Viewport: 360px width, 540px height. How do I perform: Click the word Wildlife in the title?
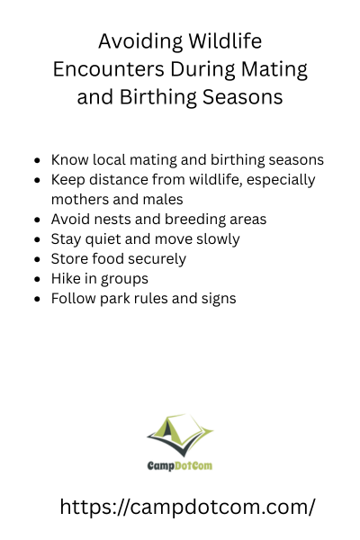point(225,41)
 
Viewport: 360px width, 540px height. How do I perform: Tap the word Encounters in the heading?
point(109,69)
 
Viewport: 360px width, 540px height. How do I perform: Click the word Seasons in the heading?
point(242,97)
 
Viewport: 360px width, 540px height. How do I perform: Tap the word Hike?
point(65,279)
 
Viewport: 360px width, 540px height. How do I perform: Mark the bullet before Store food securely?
point(38,259)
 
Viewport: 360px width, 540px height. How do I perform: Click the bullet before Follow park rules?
point(38,299)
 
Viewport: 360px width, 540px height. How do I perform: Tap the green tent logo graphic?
point(180,436)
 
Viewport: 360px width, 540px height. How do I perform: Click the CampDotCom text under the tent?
point(180,466)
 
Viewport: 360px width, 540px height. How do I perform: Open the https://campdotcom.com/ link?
point(187,508)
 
